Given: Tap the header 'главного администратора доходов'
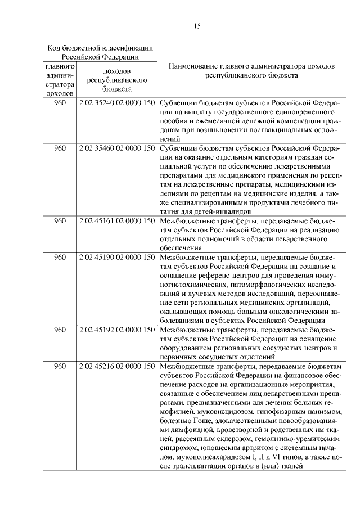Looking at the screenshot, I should click(x=60, y=80).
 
